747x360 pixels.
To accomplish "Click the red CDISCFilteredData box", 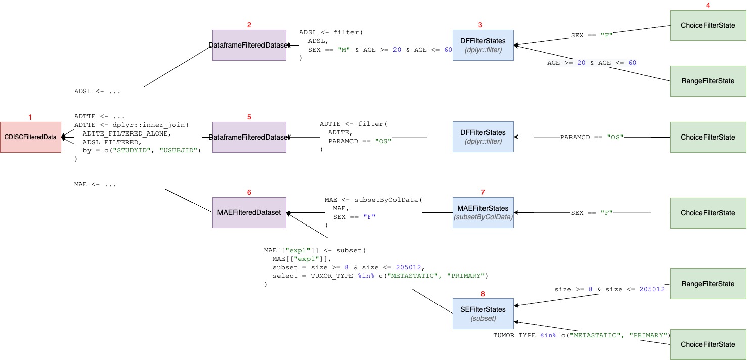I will (30, 137).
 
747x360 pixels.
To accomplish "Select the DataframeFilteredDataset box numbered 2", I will (249, 45).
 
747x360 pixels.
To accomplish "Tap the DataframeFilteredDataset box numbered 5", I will (249, 137).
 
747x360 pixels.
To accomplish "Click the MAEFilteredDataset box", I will (249, 213).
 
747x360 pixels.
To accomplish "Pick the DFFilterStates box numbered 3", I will (483, 45).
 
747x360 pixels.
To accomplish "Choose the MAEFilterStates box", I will (483, 213).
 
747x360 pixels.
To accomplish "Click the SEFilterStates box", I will (483, 313).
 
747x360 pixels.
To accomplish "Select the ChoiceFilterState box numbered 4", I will (708, 25).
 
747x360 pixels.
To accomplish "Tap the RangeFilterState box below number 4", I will (708, 81).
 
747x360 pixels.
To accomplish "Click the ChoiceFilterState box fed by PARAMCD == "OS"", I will (708, 137).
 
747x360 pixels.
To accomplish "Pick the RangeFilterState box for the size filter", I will (708, 284).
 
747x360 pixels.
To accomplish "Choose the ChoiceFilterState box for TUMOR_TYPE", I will (708, 344).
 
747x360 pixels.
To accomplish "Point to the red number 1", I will (30, 117).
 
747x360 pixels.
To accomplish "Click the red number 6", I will (249, 192).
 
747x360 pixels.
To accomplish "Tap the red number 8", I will (482, 293).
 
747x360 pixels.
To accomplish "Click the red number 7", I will (482, 192).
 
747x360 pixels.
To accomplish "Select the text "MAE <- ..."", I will (95, 184).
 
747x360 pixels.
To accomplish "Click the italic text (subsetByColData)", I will (483, 217).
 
